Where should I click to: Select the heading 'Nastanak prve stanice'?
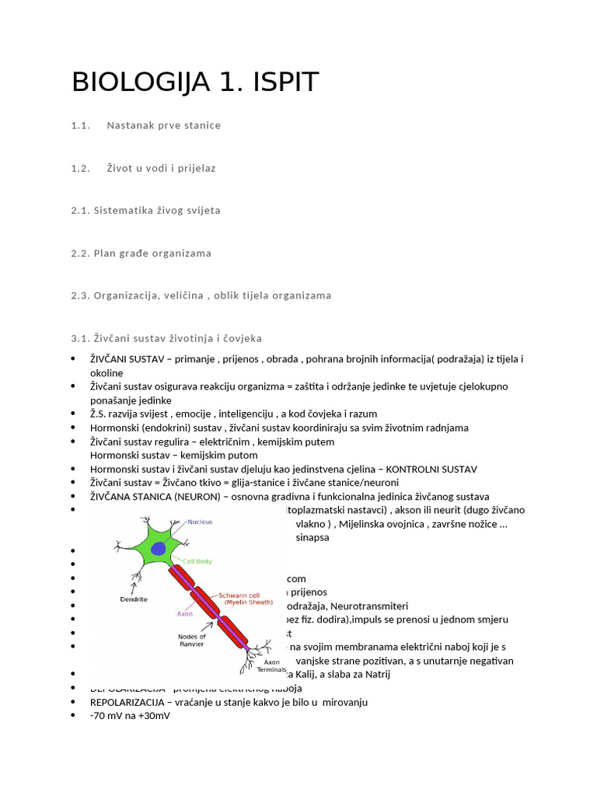pyautogui.click(x=163, y=125)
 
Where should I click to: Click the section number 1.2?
pyautogui.click(x=81, y=168)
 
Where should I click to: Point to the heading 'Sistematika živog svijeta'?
pyautogui.click(x=157, y=211)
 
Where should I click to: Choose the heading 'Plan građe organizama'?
pyautogui.click(x=152, y=253)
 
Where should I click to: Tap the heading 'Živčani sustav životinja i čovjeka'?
pyautogui.click(x=177, y=338)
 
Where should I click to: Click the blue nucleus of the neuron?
pyautogui.click(x=159, y=549)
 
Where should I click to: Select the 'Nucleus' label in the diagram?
pyautogui.click(x=200, y=522)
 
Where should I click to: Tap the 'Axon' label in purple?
pyautogui.click(x=185, y=613)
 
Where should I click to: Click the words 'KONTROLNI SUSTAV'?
pyautogui.click(x=431, y=470)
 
